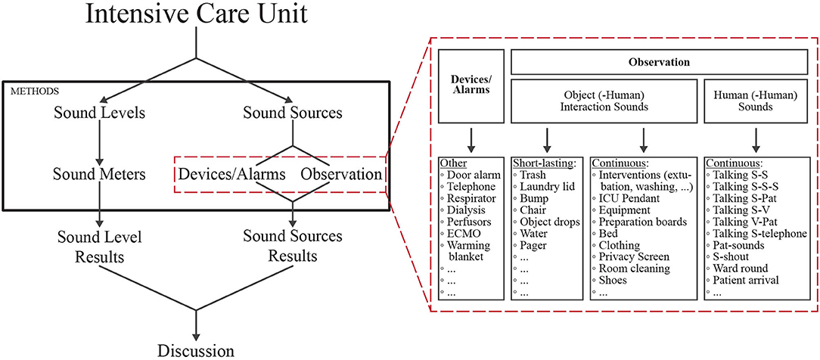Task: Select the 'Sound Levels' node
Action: point(100,114)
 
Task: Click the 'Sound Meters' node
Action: point(100,174)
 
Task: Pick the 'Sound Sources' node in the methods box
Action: point(293,114)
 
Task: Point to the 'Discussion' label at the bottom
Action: point(197,349)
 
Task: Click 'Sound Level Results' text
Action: point(100,246)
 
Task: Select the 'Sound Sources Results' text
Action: point(293,246)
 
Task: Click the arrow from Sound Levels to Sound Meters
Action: point(100,144)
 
